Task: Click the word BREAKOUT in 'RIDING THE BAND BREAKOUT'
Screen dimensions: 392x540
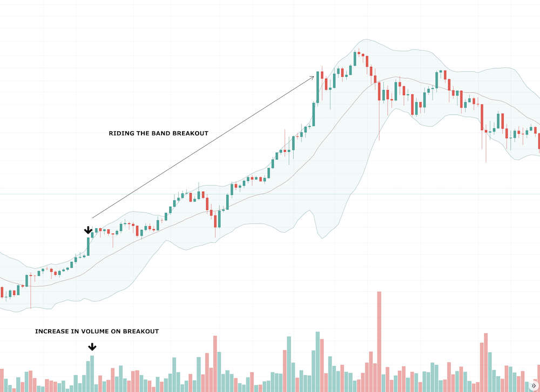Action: [190, 133]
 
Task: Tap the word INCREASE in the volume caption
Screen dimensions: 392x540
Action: [52, 332]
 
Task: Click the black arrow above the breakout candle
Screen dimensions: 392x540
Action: [88, 231]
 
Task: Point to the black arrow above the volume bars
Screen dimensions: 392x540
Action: [92, 347]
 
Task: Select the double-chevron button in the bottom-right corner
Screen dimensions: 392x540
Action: [534, 386]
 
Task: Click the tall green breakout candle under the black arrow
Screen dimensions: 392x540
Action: [88, 246]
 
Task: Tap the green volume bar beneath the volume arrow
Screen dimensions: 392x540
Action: [92, 373]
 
